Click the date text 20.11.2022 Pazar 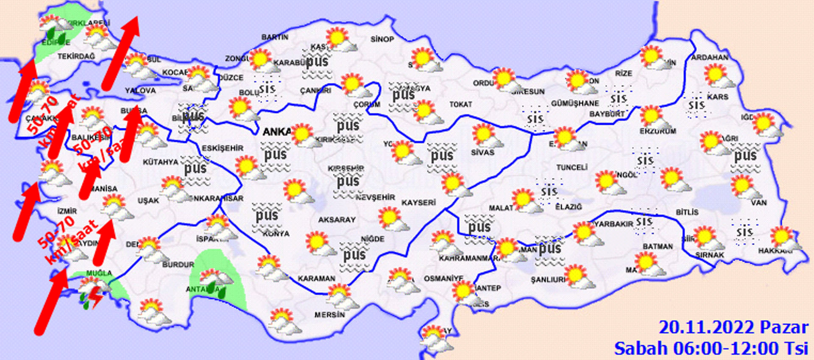point(733,327)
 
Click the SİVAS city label point(482,152)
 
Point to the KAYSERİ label point(418,203)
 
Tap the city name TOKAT point(461,104)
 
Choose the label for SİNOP point(382,39)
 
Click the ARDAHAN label point(710,57)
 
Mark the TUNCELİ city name point(571,167)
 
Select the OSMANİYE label point(443,279)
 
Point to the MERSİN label point(329,315)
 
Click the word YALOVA point(140,90)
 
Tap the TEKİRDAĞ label point(76,56)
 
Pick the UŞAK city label point(148,200)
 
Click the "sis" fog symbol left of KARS point(696,105)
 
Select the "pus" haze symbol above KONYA point(267,216)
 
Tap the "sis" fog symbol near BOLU point(267,89)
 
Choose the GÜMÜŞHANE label point(575,103)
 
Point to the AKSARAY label point(337,220)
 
